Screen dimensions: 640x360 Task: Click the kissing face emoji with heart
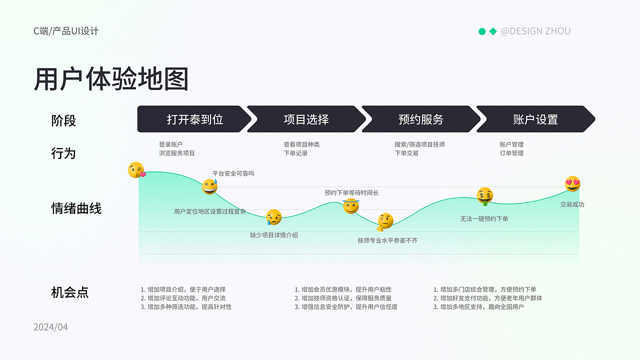click(136, 170)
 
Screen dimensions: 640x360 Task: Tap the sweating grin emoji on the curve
click(209, 187)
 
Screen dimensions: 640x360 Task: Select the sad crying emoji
click(273, 217)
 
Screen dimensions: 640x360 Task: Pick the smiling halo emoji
click(351, 206)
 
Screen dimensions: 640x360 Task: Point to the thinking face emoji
click(385, 222)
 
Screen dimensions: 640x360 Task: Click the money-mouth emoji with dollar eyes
click(484, 196)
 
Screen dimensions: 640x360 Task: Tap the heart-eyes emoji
click(572, 183)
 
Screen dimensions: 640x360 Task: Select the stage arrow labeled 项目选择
click(306, 119)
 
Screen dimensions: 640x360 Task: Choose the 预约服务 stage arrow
click(421, 119)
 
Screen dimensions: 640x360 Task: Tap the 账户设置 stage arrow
click(535, 119)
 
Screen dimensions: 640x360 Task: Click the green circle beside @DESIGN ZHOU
click(482, 31)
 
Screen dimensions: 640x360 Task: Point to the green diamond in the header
click(493, 31)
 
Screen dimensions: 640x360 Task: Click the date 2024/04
click(50, 327)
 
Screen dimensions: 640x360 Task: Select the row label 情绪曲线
click(76, 208)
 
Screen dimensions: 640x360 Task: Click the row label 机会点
click(70, 292)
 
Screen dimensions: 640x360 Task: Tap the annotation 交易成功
click(572, 204)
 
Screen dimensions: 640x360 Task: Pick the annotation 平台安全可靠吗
click(233, 173)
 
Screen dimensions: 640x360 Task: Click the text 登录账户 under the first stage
click(170, 144)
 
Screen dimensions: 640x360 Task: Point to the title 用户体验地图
click(111, 79)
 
